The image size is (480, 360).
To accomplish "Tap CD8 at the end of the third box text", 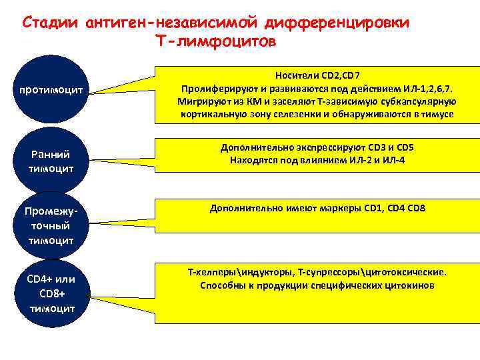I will point(415,209).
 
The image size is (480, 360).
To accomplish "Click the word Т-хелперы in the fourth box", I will point(209,272).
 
